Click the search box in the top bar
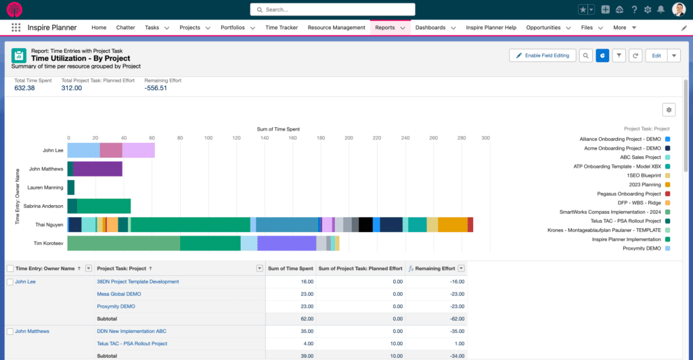coord(332,9)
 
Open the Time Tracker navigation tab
coord(282,28)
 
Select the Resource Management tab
coord(336,28)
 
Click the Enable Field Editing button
coord(542,55)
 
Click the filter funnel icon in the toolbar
coord(619,55)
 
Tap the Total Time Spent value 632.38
coord(24,88)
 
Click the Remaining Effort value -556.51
coord(156,88)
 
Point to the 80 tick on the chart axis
coord(179,138)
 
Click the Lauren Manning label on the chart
coord(45,187)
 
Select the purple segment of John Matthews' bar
coord(97,168)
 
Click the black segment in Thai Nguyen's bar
coord(366,225)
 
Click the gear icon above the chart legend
coord(669,110)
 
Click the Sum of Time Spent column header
coord(290,269)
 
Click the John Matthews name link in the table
coord(32,331)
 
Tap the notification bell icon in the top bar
coord(660,9)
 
